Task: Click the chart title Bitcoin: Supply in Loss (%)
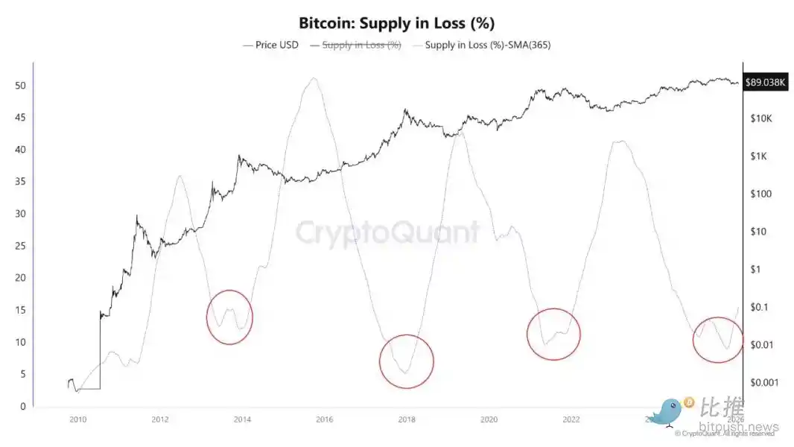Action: coord(396,22)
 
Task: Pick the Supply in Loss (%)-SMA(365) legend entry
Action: coord(487,45)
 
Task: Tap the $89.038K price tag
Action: coord(765,83)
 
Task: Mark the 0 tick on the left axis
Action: coord(23,407)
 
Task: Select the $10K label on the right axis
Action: coord(764,118)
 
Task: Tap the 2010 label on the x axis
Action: coord(77,419)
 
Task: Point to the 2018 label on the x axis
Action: coord(406,419)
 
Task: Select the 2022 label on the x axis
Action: coord(571,419)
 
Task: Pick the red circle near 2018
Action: coord(406,361)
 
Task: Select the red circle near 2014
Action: coord(229,317)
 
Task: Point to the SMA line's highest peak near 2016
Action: coord(314,77)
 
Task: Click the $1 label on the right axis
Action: coord(760,269)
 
